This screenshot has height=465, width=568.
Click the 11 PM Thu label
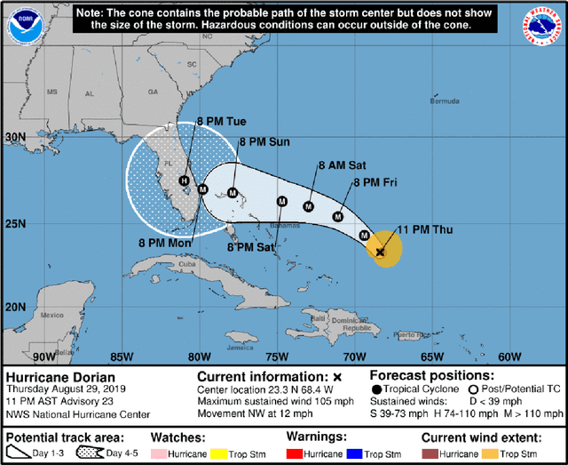(x=423, y=230)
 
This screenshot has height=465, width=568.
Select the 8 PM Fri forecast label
(x=373, y=182)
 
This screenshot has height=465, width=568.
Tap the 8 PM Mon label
(x=166, y=241)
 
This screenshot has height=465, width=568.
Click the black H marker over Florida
(x=184, y=181)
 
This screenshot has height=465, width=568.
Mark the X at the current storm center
(x=380, y=253)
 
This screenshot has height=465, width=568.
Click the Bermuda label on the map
(x=444, y=101)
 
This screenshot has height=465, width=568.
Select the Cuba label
(x=187, y=264)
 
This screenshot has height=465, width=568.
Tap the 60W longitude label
(x=509, y=357)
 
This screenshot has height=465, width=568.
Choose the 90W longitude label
(x=43, y=357)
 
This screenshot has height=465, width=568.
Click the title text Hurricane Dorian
(x=60, y=376)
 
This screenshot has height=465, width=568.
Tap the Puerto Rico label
(x=411, y=335)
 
